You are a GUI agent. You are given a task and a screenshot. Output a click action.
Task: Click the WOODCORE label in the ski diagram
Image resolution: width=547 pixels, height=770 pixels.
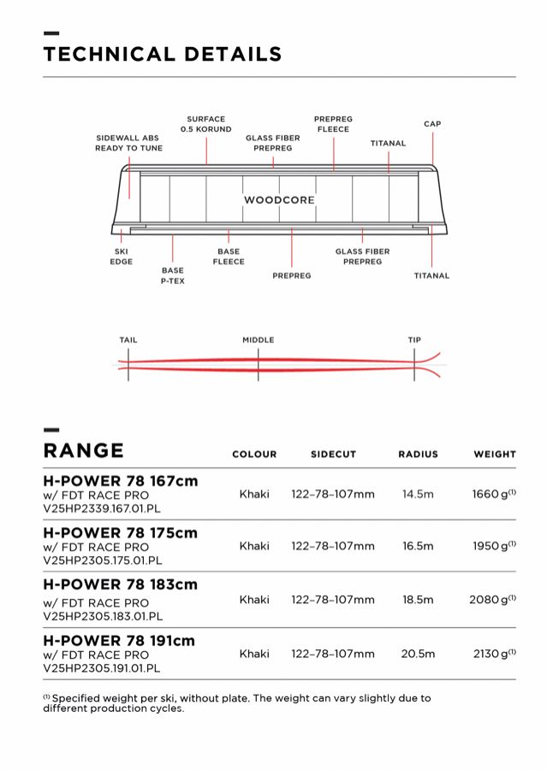(279, 200)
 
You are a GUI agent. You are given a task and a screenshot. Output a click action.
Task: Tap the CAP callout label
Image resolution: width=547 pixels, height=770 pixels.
(432, 124)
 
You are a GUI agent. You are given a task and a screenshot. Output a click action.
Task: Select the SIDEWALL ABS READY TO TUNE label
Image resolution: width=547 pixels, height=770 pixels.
(128, 143)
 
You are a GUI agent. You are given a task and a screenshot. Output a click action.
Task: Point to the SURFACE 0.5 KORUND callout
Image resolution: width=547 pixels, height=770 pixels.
(205, 124)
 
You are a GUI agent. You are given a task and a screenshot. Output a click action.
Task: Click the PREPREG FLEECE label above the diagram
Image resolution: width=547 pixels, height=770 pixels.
(333, 124)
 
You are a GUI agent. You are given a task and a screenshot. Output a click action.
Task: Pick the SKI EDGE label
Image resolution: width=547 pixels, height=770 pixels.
(122, 257)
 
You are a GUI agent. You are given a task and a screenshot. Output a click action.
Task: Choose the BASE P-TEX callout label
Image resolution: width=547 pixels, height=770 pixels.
(172, 275)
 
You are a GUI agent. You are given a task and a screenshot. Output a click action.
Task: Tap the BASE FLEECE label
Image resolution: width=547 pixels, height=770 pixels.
(229, 257)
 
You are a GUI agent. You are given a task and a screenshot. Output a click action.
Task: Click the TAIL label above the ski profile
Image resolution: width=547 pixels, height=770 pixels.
(128, 341)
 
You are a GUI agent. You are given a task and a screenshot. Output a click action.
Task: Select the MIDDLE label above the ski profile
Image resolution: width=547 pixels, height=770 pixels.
(259, 341)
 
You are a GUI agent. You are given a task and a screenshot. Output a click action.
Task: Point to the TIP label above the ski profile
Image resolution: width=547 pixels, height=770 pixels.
(414, 341)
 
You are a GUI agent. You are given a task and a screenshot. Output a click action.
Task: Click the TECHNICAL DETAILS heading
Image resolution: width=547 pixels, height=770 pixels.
(163, 55)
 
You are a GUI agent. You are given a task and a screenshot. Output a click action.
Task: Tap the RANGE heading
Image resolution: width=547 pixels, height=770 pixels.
(83, 451)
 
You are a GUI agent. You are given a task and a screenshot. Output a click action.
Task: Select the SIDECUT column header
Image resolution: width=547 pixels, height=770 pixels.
(333, 454)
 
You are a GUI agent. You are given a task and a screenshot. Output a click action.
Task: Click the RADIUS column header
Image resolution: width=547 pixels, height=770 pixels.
(418, 454)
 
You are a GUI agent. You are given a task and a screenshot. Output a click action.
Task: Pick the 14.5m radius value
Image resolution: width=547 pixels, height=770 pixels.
(418, 495)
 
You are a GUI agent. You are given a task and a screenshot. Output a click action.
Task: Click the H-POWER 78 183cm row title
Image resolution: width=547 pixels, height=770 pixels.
(120, 585)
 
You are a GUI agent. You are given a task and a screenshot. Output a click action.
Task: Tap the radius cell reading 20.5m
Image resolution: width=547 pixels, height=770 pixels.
(418, 654)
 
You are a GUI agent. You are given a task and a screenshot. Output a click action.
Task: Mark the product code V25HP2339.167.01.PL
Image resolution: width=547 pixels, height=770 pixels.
(102, 508)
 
